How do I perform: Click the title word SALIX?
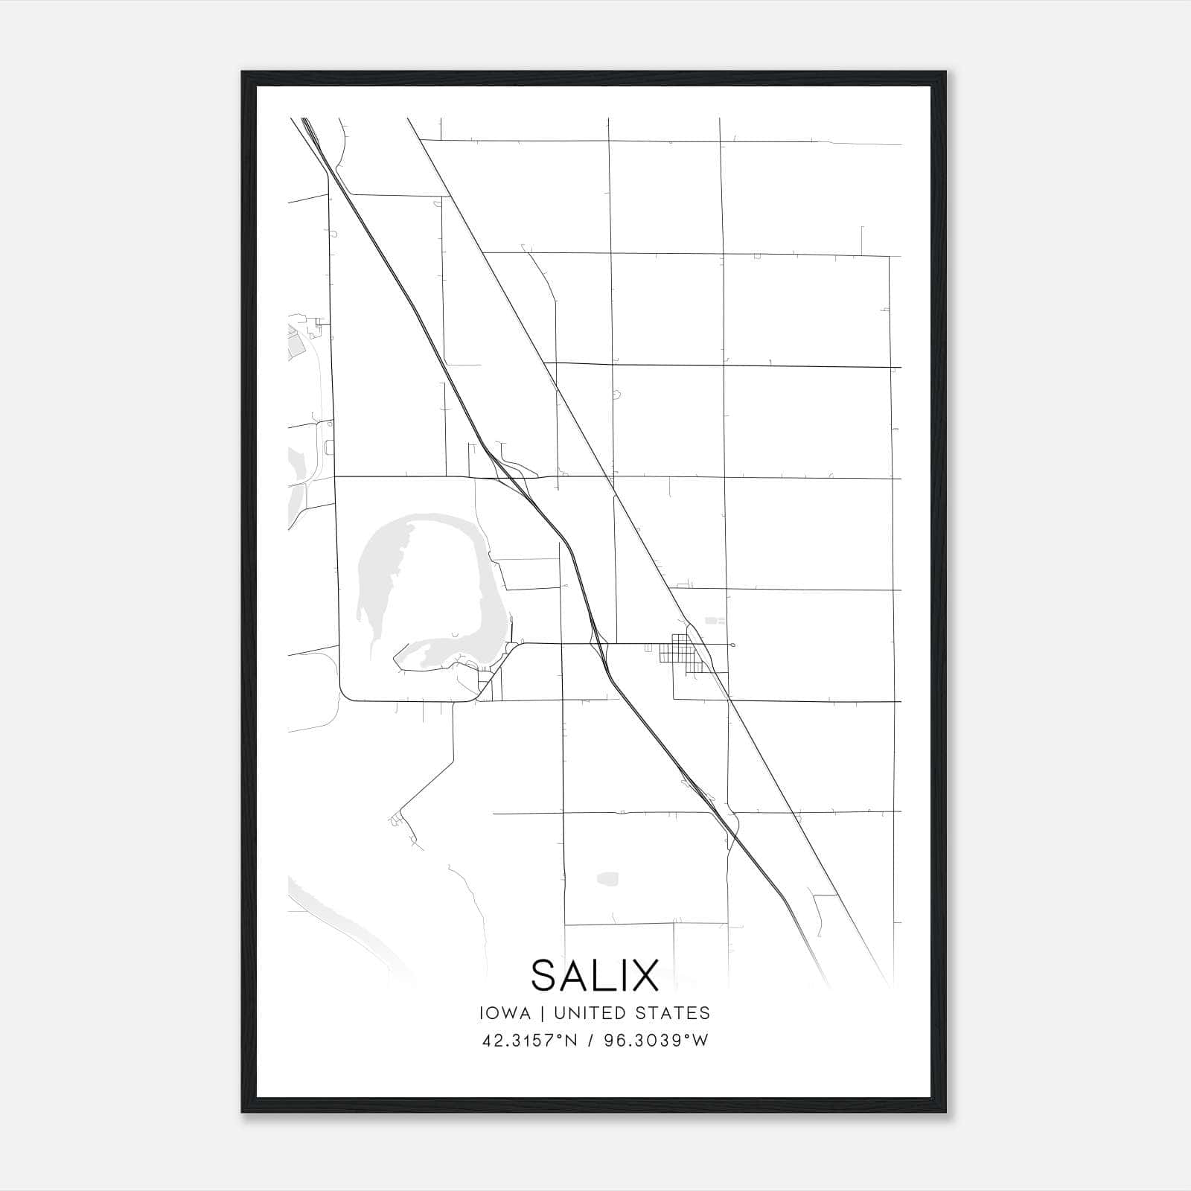[595, 975]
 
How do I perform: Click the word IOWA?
[506, 1013]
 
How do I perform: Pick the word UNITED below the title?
[595, 1013]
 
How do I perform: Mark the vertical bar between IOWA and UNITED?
[541, 1013]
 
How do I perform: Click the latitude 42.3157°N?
[529, 1041]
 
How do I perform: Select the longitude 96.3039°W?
[657, 1041]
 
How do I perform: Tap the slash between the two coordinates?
[590, 1041]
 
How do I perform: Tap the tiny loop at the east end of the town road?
[733, 645]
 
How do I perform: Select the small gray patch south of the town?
[607, 878]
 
